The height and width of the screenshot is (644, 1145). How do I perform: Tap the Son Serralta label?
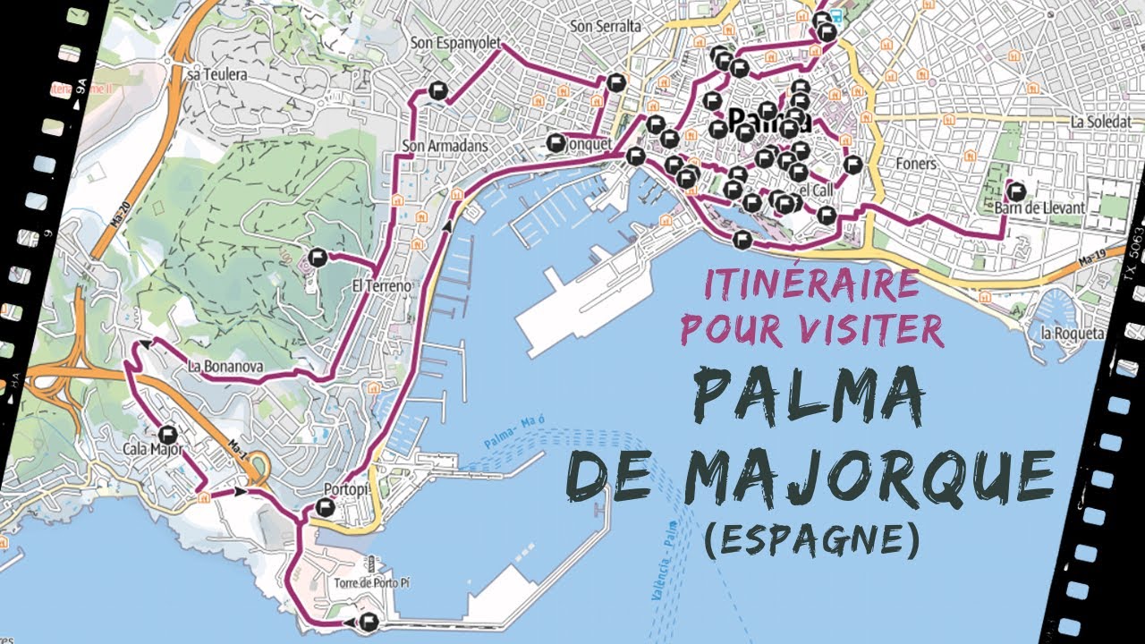coord(606,27)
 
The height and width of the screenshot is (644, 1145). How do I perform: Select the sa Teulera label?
coord(216,75)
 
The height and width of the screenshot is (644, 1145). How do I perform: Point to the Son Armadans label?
coord(437,147)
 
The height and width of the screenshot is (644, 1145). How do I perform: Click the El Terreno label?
coord(381,286)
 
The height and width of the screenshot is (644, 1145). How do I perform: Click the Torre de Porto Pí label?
coord(371,583)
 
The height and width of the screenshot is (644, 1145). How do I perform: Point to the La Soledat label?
coord(1101,121)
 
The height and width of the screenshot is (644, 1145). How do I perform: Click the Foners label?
coord(916,164)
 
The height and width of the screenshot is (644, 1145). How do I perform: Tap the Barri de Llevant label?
coord(1039,208)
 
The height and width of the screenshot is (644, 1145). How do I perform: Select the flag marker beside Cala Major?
coord(168,435)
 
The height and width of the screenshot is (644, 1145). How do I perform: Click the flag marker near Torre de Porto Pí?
coord(367,623)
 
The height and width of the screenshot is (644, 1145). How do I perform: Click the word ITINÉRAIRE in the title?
coord(811,284)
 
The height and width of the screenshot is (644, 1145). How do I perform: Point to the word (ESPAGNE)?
coord(810,538)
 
